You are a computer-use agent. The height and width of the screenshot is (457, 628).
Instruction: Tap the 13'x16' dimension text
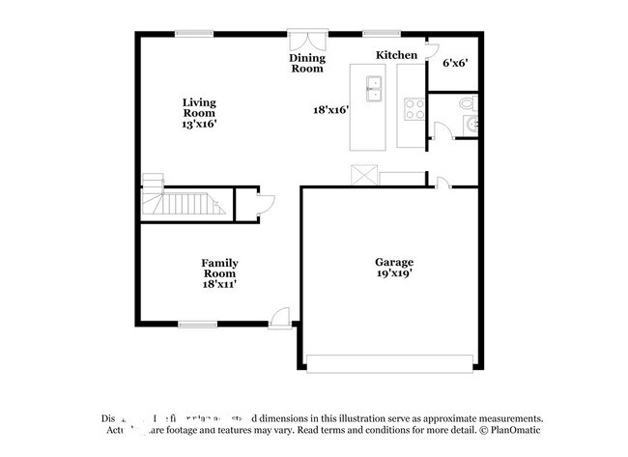click(x=200, y=124)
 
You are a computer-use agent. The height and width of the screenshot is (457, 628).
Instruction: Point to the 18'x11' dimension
click(x=219, y=285)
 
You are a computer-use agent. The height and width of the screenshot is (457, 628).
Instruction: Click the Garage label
click(x=394, y=262)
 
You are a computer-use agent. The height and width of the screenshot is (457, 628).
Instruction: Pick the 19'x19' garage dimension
click(x=394, y=274)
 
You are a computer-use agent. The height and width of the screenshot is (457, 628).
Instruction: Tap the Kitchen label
click(x=396, y=55)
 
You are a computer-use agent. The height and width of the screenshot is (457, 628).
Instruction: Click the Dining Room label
click(x=307, y=64)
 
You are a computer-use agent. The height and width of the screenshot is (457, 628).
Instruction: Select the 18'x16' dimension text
click(x=330, y=109)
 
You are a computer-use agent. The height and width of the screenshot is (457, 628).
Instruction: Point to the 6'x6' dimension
click(x=455, y=64)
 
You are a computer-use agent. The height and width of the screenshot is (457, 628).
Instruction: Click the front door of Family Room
click(x=280, y=316)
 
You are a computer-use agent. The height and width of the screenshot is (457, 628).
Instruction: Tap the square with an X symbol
click(x=364, y=175)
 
